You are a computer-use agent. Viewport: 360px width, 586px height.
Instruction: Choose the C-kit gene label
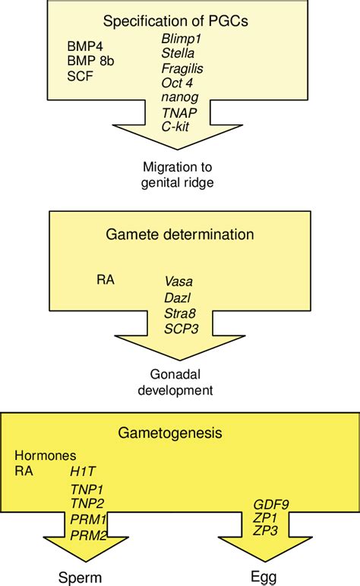tap(175, 128)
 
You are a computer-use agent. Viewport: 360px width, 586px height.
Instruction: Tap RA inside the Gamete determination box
tap(106, 280)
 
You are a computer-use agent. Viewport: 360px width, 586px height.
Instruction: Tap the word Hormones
tap(46, 455)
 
